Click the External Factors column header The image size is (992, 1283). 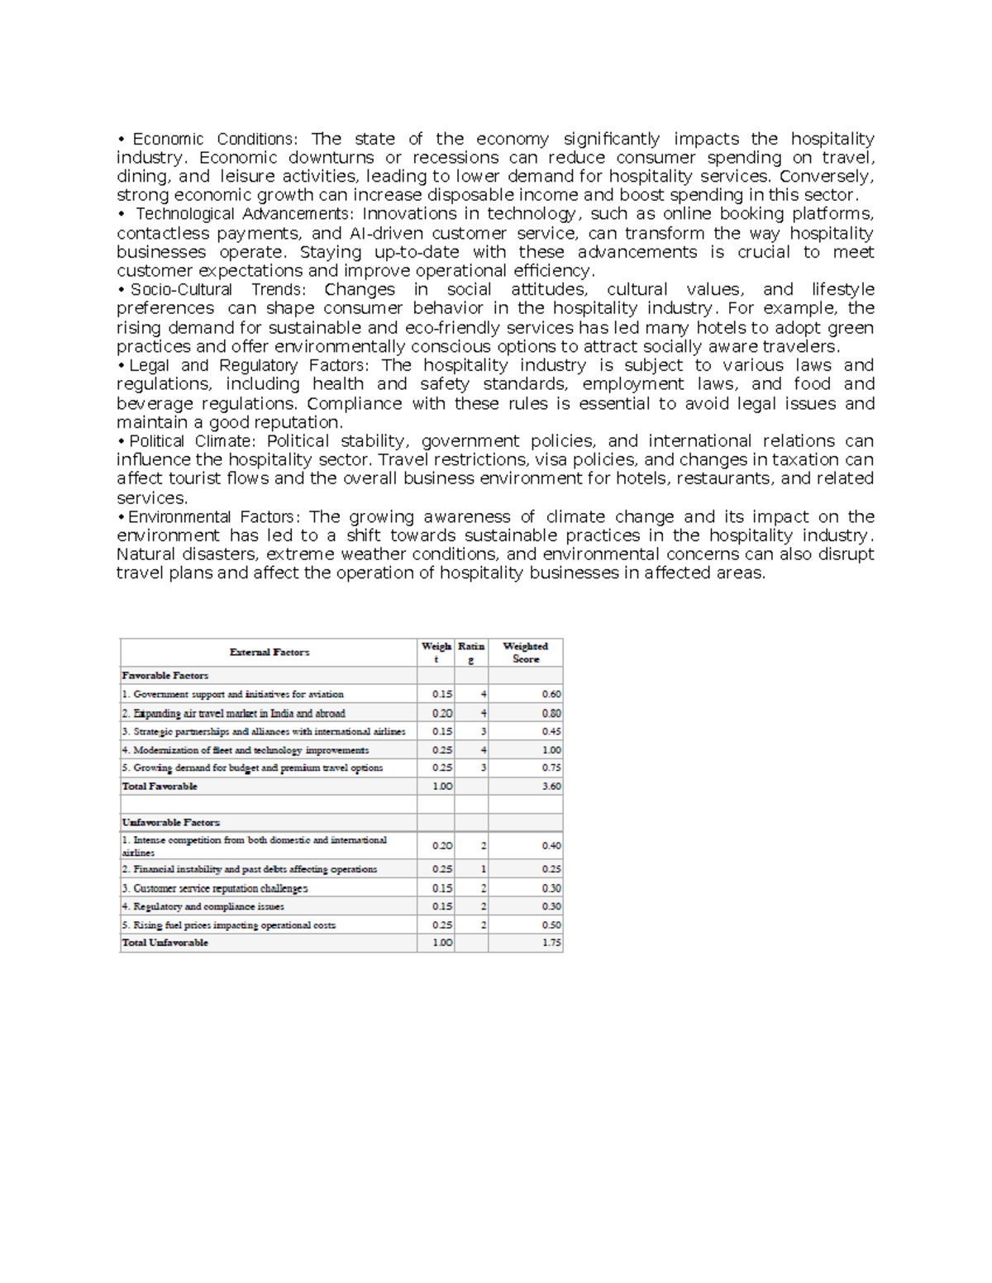click(x=269, y=653)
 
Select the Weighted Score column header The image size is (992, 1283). click(x=525, y=653)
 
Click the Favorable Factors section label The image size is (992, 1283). click(x=165, y=676)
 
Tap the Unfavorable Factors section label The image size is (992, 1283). click(x=171, y=823)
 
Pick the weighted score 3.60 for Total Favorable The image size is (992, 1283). click(x=551, y=786)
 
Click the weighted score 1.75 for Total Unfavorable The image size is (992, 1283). click(x=551, y=943)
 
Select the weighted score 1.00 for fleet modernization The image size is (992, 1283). click(x=551, y=750)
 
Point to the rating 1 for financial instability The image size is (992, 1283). click(x=484, y=869)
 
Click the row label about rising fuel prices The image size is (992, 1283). click(x=229, y=925)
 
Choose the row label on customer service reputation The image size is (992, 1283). click(x=215, y=889)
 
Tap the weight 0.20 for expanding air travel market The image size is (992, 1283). click(x=442, y=713)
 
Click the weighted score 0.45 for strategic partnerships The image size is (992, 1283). click(x=551, y=732)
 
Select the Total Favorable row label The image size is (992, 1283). click(x=160, y=786)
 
